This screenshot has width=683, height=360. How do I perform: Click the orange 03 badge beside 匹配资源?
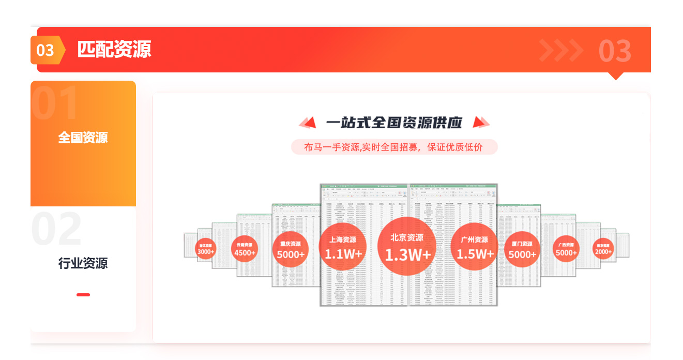[47, 50]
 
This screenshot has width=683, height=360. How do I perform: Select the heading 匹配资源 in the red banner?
[114, 50]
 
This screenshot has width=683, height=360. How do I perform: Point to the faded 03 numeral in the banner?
[615, 51]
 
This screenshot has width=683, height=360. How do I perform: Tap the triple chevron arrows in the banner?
[561, 50]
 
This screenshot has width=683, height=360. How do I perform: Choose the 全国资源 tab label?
[83, 138]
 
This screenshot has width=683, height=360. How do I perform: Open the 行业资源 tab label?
[83, 263]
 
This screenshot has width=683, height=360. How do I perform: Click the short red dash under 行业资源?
[83, 295]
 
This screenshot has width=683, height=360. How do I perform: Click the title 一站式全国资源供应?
[394, 123]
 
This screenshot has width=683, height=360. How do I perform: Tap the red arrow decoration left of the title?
[308, 123]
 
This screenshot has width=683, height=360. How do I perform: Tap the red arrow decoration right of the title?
[481, 123]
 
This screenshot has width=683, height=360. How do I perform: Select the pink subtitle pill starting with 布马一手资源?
[394, 147]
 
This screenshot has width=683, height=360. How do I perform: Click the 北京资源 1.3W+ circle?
[407, 246]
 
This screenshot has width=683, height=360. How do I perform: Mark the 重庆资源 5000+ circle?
[290, 249]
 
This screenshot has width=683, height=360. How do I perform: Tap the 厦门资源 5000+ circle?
[522, 249]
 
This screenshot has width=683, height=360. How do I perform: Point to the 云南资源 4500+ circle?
[245, 249]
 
